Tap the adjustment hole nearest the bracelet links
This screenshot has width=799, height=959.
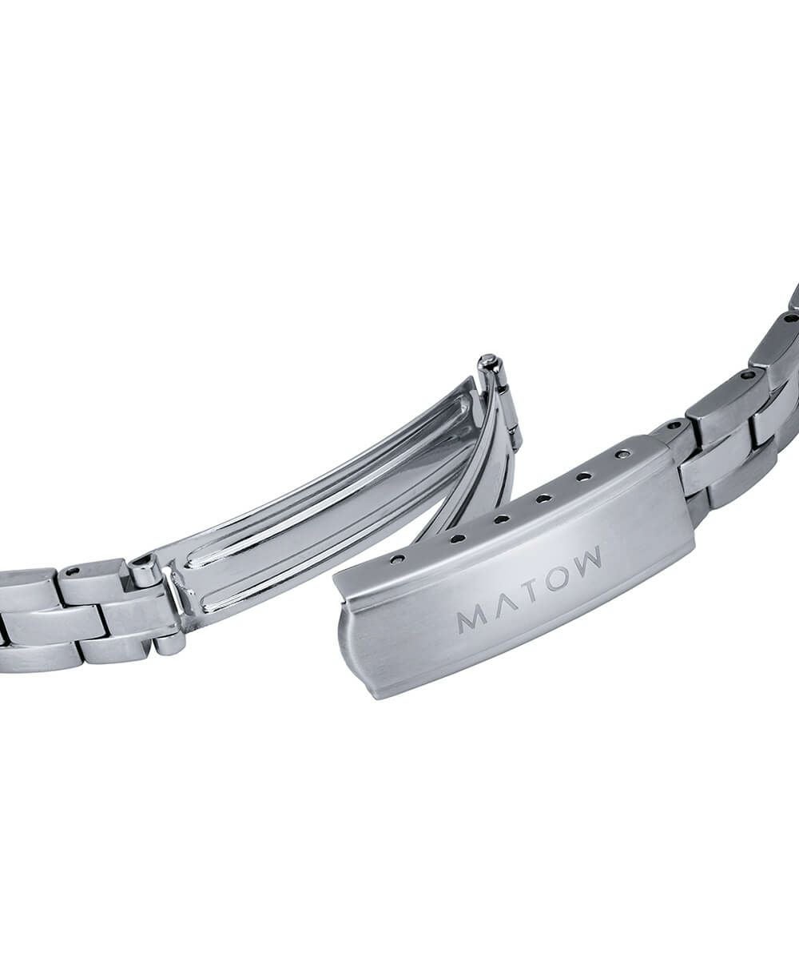click(x=622, y=455)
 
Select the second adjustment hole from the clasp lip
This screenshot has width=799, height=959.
click(x=456, y=539)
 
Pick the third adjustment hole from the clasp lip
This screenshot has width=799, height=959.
click(x=502, y=519)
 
